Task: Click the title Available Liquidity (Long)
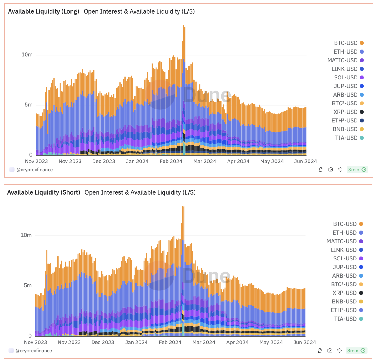pyautogui.click(x=43, y=11)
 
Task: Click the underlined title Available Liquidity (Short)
pyautogui.click(x=43, y=192)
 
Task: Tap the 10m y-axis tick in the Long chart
pyautogui.click(x=27, y=55)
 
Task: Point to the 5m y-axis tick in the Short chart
pyautogui.click(x=28, y=285)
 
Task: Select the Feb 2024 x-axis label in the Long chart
pyautogui.click(x=171, y=161)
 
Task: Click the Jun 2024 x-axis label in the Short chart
pyautogui.click(x=304, y=342)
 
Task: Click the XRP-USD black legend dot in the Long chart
pyautogui.click(x=362, y=112)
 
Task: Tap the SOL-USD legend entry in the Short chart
pyautogui.click(x=345, y=259)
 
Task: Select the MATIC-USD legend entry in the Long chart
pyautogui.click(x=342, y=60)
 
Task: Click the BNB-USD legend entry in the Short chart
pyautogui.click(x=344, y=302)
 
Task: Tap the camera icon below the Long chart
pyautogui.click(x=331, y=170)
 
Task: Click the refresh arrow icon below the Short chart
pyautogui.click(x=339, y=351)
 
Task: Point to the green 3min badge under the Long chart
pyautogui.click(x=357, y=170)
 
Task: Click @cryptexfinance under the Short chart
pyautogui.click(x=34, y=351)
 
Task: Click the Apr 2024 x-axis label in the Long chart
pyautogui.click(x=238, y=161)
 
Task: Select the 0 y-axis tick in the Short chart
pyautogui.click(x=30, y=336)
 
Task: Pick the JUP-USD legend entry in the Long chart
pyautogui.click(x=345, y=86)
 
